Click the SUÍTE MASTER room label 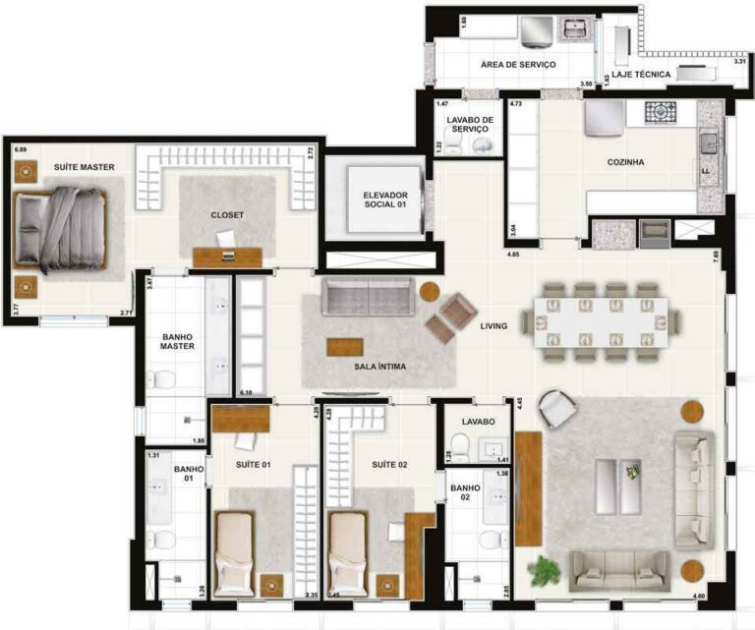(x=85, y=168)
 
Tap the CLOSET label (x=227, y=214)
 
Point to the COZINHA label (x=625, y=162)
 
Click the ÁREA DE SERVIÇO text (x=518, y=64)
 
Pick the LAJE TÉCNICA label (x=641, y=75)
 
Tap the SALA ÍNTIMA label (x=379, y=367)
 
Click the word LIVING (x=493, y=326)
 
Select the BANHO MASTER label (x=178, y=340)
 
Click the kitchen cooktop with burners (x=668, y=111)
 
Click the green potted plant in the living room (x=542, y=569)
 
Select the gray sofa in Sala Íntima (x=369, y=294)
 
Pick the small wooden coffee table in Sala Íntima (x=344, y=346)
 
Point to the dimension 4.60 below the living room (x=699, y=596)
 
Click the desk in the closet (x=227, y=256)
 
